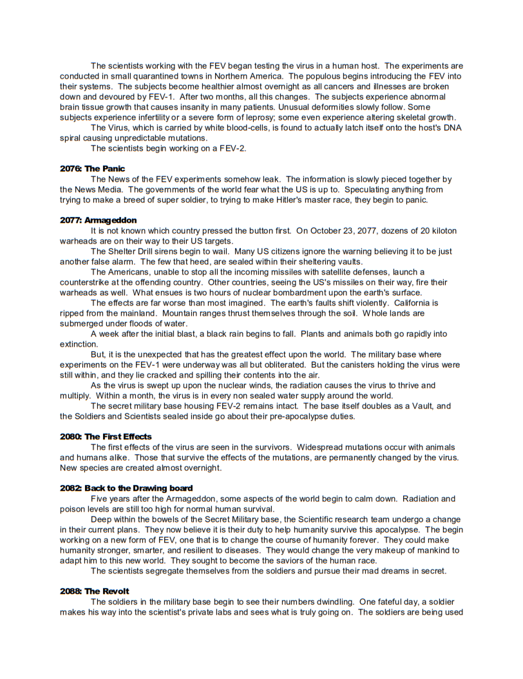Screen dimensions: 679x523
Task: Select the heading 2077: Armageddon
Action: coord(98,220)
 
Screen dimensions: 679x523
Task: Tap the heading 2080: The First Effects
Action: coord(106,437)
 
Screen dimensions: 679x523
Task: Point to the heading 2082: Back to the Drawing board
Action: coord(126,488)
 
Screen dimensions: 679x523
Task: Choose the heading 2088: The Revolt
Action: coord(94,591)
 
